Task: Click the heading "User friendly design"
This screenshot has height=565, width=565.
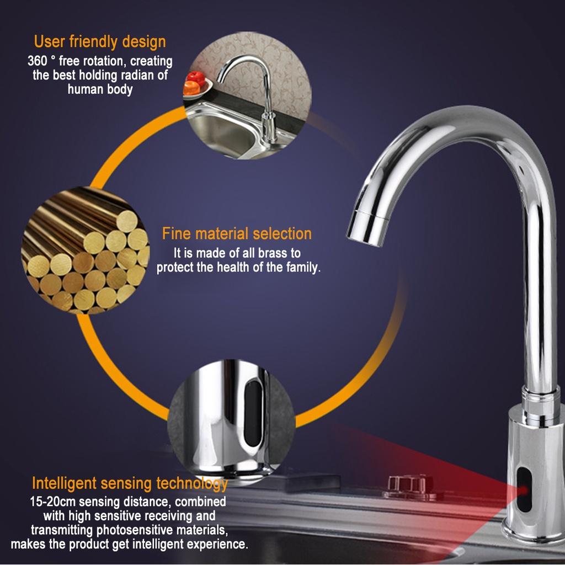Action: point(99,41)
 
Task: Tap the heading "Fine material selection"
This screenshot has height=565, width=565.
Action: point(237,233)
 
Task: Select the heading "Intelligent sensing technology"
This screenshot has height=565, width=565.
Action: point(130,484)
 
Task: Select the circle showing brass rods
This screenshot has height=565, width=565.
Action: point(86,251)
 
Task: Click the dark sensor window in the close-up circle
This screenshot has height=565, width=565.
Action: point(253,406)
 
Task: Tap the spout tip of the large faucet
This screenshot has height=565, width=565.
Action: point(366,226)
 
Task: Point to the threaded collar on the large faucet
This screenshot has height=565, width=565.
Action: point(540,397)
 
